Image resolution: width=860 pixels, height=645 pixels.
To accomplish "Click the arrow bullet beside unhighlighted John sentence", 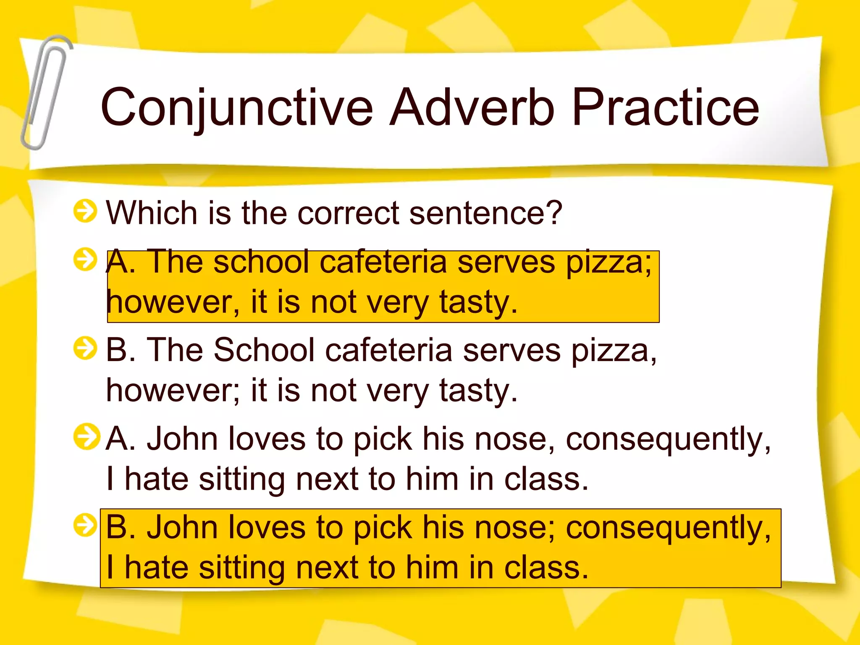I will [x=86, y=437].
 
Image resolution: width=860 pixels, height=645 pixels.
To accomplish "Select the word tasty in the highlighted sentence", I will [x=477, y=302].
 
